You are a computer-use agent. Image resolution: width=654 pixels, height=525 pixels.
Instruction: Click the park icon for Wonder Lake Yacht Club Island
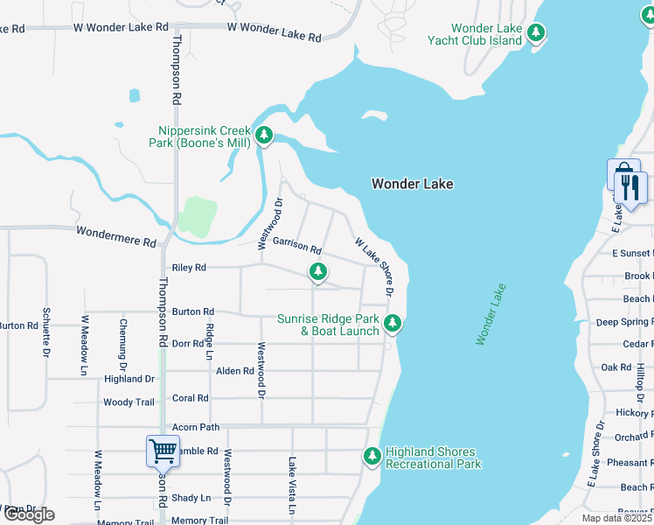point(536,34)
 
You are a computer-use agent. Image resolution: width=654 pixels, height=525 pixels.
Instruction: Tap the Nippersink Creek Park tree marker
point(264,136)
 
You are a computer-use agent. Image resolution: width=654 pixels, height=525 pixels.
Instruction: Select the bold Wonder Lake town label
point(412,184)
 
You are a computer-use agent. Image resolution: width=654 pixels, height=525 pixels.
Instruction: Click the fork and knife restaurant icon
point(630,185)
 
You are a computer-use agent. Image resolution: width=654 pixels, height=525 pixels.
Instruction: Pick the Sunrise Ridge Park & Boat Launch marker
point(393,324)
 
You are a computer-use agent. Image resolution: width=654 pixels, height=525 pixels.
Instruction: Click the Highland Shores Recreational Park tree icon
point(372,456)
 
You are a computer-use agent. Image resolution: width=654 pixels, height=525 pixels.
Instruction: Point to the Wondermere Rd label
point(115,234)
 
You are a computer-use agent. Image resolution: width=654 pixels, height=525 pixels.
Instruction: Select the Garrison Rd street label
point(296,248)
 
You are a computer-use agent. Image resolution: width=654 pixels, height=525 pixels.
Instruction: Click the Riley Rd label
point(189,268)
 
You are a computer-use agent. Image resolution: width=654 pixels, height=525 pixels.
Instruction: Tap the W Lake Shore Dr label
point(373,266)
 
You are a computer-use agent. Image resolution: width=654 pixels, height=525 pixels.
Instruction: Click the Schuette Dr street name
point(45,332)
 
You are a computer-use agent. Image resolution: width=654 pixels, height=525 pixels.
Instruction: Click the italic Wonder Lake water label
point(491,313)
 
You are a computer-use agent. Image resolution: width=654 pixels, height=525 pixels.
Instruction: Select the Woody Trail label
point(129,402)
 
